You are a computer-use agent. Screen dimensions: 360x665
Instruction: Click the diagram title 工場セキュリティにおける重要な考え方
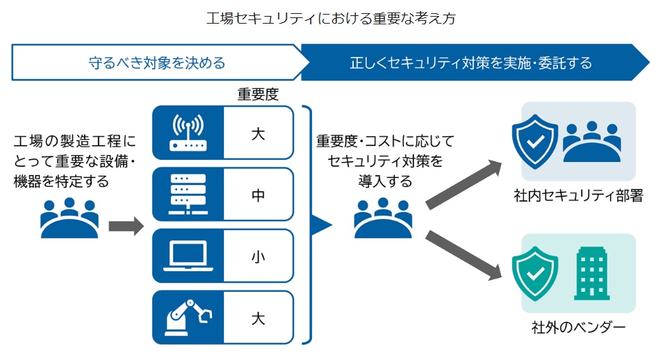point(331,19)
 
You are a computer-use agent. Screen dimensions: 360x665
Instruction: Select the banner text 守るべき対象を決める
point(157,63)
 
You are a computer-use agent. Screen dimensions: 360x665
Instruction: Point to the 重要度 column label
point(258,94)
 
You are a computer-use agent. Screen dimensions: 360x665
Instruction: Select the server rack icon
point(187,195)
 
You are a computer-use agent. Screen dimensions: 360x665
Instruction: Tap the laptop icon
point(187,256)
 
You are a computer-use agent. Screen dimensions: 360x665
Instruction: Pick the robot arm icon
point(187,317)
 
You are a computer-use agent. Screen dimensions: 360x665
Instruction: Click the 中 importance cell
point(258,195)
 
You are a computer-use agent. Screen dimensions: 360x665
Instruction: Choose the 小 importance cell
point(258,256)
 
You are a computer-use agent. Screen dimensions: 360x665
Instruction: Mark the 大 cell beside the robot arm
point(258,318)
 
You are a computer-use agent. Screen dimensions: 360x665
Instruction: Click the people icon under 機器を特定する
point(69,218)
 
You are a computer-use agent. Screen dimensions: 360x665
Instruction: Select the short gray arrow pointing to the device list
point(125,226)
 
